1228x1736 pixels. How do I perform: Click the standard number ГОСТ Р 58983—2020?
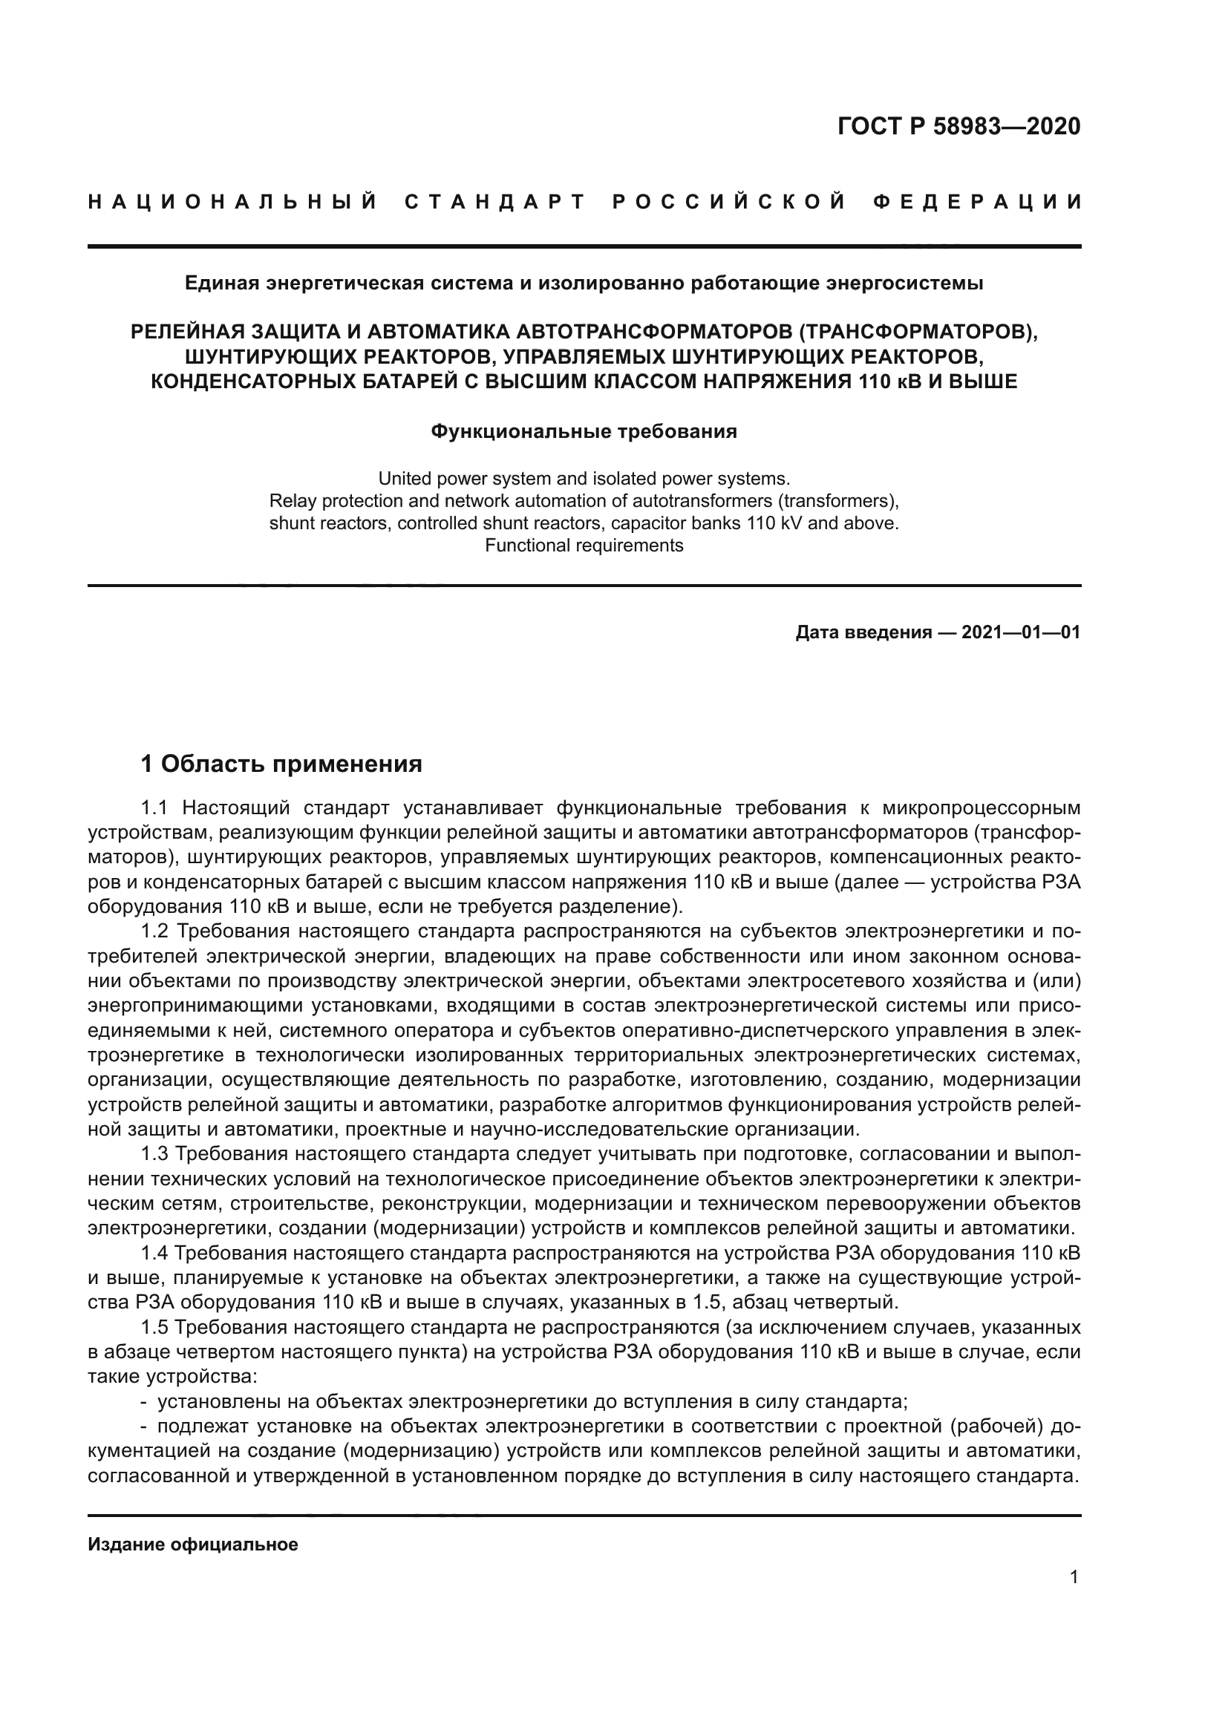958,126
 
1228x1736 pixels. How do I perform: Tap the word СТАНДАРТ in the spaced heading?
495,202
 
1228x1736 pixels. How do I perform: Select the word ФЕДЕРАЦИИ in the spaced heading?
977,202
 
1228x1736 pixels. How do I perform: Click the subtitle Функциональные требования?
584,432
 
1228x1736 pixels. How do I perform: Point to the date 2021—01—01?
1021,632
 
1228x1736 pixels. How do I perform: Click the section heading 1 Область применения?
281,764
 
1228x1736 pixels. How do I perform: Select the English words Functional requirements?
584,546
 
